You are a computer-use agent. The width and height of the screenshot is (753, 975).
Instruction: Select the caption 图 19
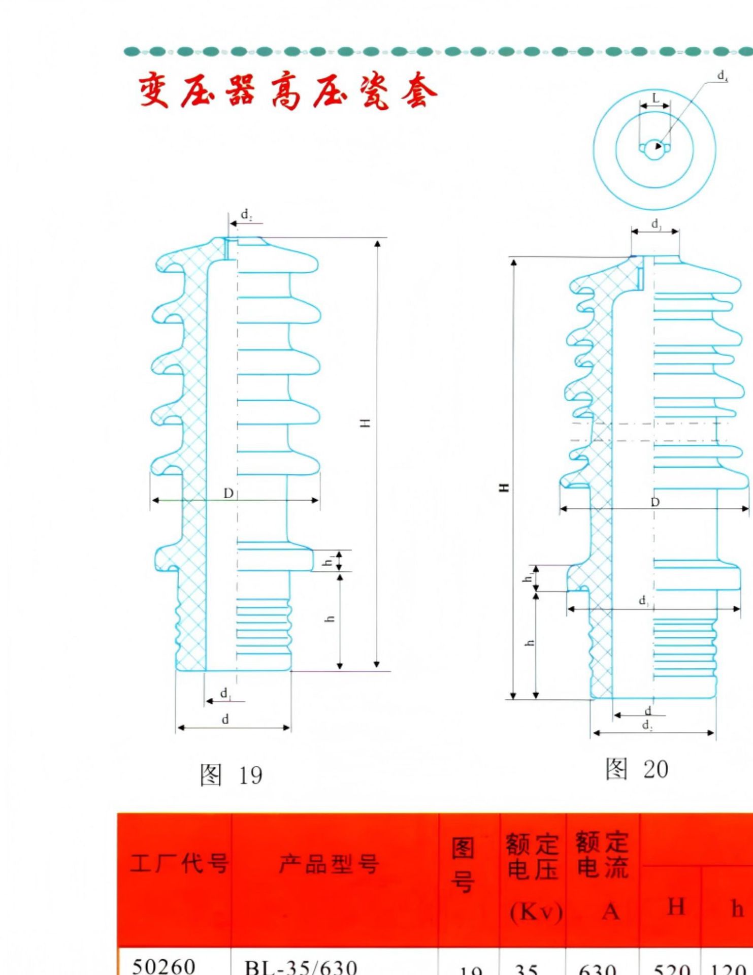(231, 775)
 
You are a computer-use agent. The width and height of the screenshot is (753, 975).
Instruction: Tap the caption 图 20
(637, 769)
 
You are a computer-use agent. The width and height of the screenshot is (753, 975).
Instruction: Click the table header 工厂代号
(179, 863)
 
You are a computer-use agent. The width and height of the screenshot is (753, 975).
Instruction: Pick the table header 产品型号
(329, 863)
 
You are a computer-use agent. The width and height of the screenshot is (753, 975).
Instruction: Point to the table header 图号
(463, 864)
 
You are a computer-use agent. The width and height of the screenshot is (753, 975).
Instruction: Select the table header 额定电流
(603, 855)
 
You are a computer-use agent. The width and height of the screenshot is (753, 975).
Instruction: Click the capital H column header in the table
(676, 907)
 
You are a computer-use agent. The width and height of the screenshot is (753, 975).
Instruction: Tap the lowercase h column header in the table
(737, 908)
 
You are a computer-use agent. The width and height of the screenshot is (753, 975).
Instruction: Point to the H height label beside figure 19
(365, 423)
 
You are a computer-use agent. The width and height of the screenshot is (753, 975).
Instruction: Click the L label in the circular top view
(655, 97)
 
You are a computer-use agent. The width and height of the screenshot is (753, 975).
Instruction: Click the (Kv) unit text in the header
(536, 912)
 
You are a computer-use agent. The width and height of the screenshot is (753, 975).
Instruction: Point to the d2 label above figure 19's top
(246, 215)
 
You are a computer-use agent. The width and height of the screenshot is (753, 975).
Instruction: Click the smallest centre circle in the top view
(654, 149)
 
